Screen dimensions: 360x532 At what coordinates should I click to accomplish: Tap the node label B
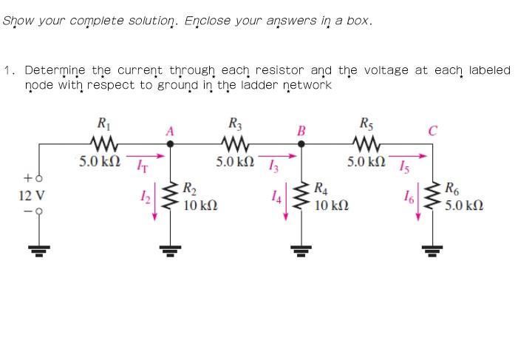coord(301,131)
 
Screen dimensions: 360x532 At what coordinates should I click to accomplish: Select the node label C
coord(432,132)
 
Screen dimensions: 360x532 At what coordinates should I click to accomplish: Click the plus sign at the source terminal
coord(28,178)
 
